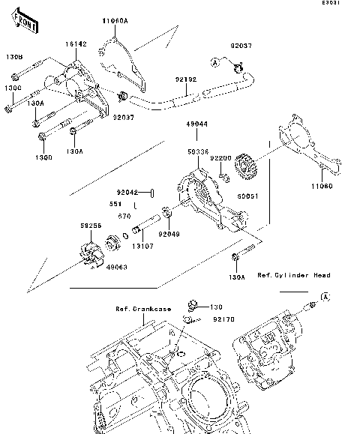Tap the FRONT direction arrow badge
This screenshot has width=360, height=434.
click(26, 25)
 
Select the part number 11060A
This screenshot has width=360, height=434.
click(114, 22)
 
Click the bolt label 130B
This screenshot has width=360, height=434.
click(14, 57)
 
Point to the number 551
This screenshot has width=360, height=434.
click(115, 203)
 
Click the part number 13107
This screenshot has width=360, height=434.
click(143, 245)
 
